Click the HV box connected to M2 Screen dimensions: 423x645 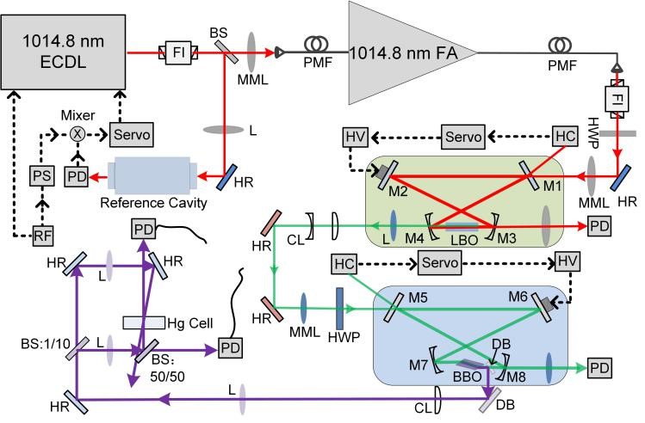pos(355,137)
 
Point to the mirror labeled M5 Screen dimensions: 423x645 pos(398,303)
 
